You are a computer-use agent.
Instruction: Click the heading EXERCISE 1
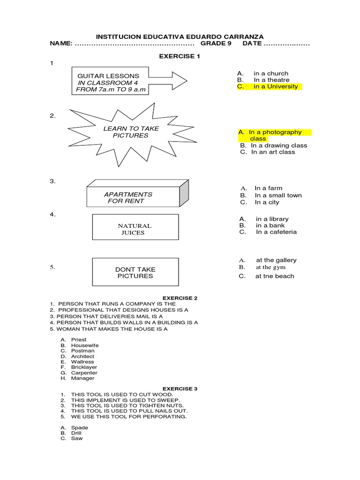[x=180, y=56]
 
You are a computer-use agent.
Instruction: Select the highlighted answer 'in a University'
[x=275, y=87]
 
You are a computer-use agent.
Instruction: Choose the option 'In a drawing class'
[x=279, y=145]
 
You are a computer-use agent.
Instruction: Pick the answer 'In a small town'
[x=278, y=195]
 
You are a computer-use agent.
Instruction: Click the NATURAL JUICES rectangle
[x=135, y=229]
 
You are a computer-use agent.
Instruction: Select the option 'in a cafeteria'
[x=276, y=232]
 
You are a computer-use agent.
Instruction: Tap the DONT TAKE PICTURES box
[x=135, y=272]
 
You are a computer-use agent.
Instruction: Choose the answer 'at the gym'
[x=270, y=267]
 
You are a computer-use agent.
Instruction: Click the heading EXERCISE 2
[x=180, y=298]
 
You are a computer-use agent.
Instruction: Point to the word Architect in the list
[x=82, y=356]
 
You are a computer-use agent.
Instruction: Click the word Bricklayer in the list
[x=84, y=367]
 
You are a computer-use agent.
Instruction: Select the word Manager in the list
[x=82, y=378]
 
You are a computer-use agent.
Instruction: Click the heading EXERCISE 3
[x=180, y=389]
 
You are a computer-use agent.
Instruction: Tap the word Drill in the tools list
[x=76, y=433]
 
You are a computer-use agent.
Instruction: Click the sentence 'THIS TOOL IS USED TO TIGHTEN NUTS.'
[x=127, y=405]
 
